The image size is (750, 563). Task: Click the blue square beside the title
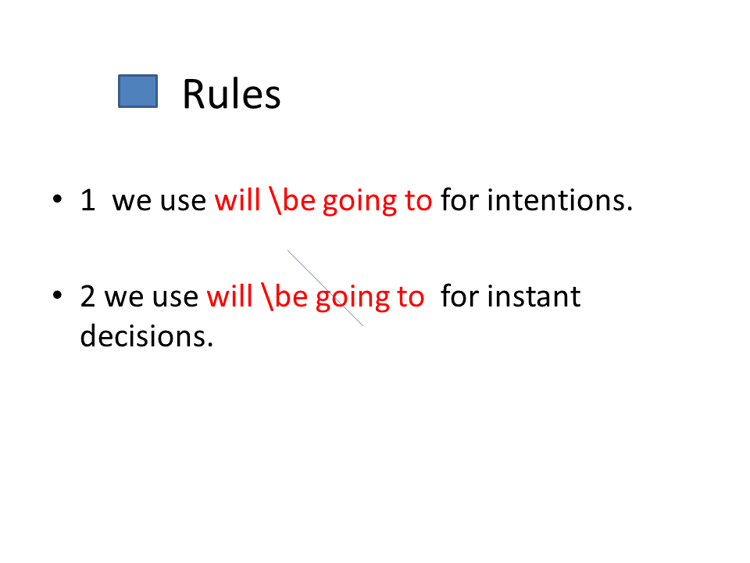click(x=137, y=91)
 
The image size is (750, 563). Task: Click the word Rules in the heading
click(x=231, y=95)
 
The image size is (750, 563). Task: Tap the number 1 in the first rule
click(x=88, y=200)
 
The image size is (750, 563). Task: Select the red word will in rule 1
click(x=237, y=199)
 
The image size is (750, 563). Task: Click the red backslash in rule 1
click(x=275, y=200)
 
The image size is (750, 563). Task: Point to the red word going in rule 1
click(x=359, y=202)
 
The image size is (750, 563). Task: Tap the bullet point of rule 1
click(x=57, y=199)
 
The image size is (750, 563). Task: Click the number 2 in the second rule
click(x=88, y=296)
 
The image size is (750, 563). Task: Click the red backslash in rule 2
click(x=267, y=296)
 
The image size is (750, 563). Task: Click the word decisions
click(x=146, y=336)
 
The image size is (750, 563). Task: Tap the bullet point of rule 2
click(x=57, y=296)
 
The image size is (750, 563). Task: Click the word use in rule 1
click(x=183, y=202)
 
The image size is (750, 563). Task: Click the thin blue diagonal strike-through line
click(x=325, y=289)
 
